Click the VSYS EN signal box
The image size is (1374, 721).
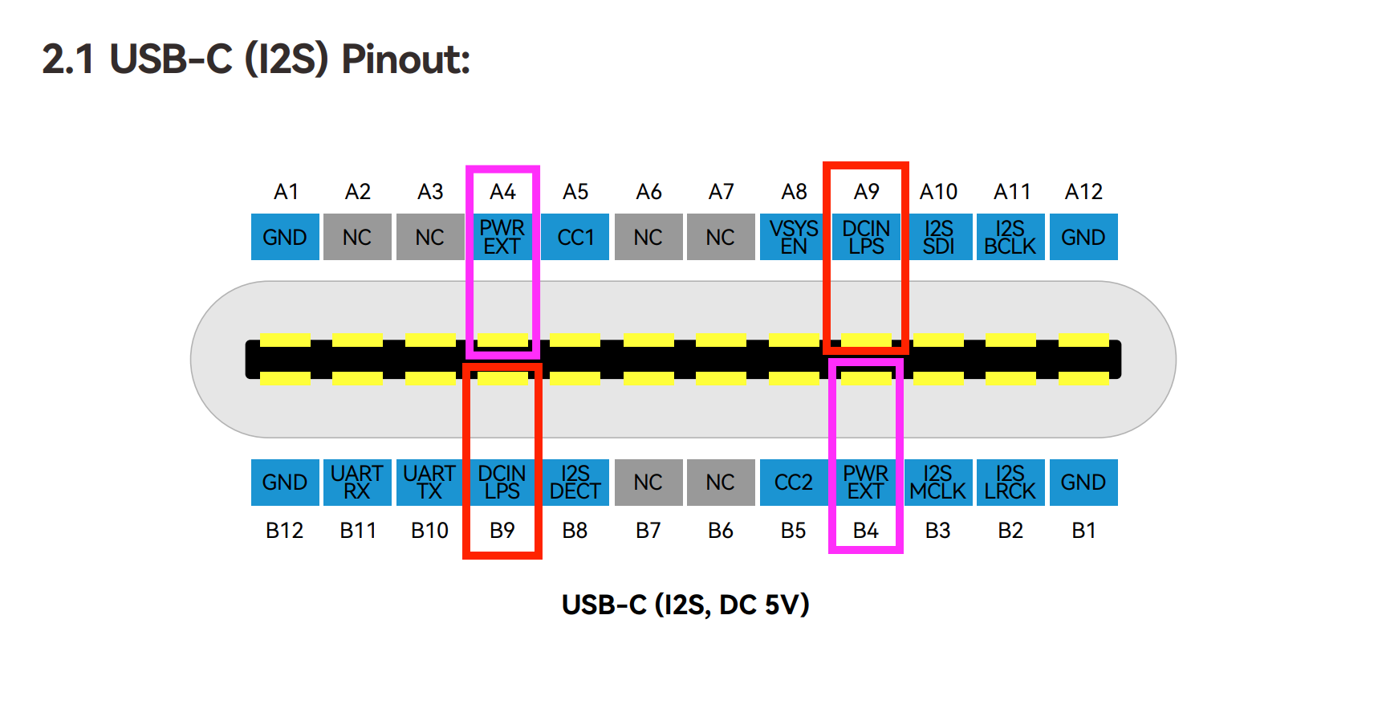click(793, 237)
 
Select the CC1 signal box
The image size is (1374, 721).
click(575, 237)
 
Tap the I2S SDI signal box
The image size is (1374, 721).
click(938, 237)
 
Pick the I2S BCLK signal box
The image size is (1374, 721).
click(1010, 237)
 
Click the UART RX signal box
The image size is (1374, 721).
click(357, 482)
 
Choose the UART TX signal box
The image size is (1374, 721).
click(429, 482)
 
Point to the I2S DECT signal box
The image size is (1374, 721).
click(575, 482)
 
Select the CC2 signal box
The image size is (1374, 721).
click(793, 482)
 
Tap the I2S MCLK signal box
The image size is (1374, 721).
click(938, 482)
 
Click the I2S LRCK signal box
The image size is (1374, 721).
click(1010, 482)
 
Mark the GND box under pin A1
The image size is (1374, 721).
click(285, 237)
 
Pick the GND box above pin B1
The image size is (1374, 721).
click(1083, 482)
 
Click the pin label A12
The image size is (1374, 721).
click(1083, 192)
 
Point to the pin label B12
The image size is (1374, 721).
click(284, 531)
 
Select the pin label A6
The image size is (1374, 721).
click(648, 192)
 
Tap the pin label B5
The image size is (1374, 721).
click(793, 531)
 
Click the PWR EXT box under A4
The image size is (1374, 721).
click(502, 237)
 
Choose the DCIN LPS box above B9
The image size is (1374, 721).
click(502, 482)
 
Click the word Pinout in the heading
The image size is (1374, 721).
click(405, 59)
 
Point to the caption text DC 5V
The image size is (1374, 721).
click(763, 605)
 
